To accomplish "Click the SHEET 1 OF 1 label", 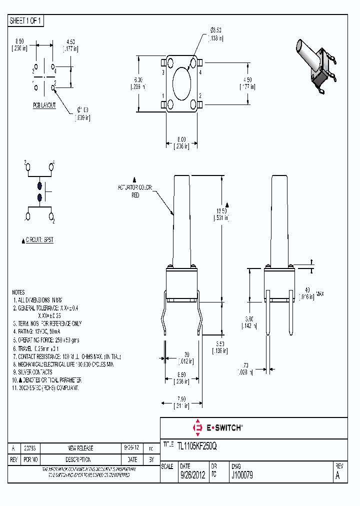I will click(26, 21).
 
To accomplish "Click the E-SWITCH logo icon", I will click(197, 427).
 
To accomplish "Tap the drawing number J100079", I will click(242, 475).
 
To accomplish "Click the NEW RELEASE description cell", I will click(80, 448).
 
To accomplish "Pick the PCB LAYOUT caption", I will click(44, 105).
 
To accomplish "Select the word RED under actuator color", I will click(135, 195).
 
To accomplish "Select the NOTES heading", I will click(18, 292).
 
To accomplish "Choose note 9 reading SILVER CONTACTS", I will click(34, 372).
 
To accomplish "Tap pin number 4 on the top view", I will click(200, 73).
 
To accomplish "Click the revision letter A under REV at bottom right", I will click(338, 475).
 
